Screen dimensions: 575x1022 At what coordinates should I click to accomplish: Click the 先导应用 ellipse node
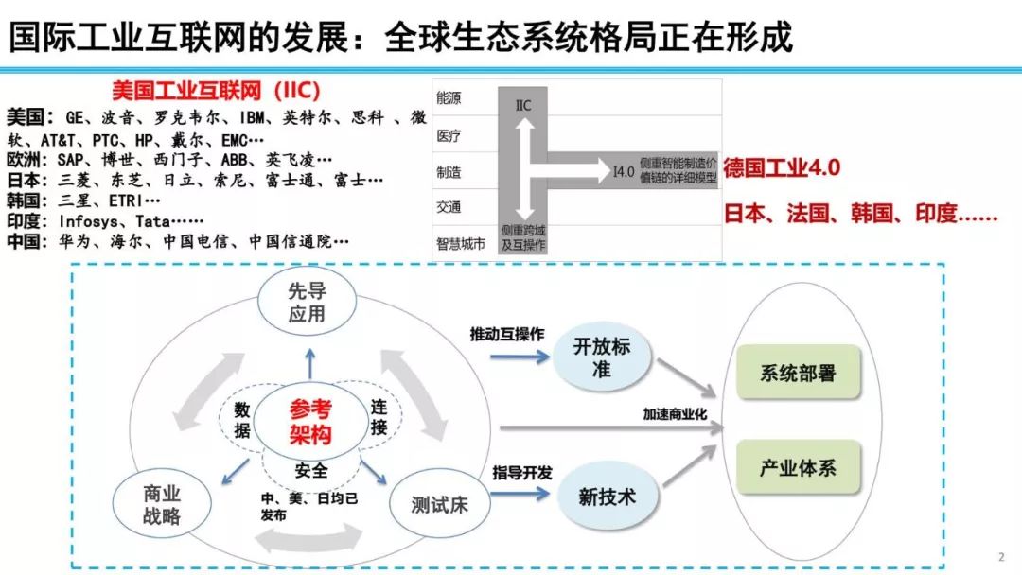(x=307, y=303)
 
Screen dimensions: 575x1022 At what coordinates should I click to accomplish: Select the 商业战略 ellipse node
(x=162, y=505)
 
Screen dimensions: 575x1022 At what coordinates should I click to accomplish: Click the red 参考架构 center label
(x=311, y=422)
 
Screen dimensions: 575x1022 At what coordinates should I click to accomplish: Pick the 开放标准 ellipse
(x=601, y=357)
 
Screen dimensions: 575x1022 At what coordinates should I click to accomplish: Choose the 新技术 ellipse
(x=607, y=496)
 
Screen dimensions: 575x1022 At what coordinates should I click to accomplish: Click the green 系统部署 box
(x=798, y=374)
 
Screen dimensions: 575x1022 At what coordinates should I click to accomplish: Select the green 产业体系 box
(x=798, y=467)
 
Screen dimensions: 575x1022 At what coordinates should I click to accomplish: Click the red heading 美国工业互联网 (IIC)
(x=216, y=91)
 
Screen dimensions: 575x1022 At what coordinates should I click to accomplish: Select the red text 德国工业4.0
(x=782, y=168)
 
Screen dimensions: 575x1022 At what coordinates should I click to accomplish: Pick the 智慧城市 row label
(x=461, y=243)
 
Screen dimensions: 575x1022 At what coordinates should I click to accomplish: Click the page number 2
(x=1001, y=555)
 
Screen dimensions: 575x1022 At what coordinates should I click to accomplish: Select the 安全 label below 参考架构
(x=311, y=470)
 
